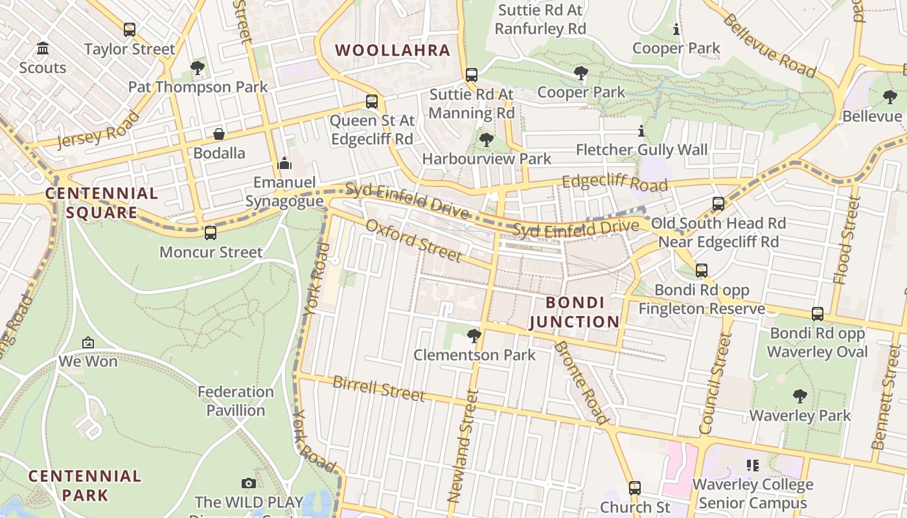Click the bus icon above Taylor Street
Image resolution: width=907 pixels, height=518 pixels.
pyautogui.click(x=130, y=29)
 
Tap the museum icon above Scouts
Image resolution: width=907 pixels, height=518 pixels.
pyautogui.click(x=43, y=49)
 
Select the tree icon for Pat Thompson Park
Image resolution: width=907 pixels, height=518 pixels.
pyautogui.click(x=198, y=67)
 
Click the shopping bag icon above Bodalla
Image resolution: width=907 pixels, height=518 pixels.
pyautogui.click(x=219, y=134)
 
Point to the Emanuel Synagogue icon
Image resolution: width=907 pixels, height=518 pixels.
pyautogui.click(x=284, y=164)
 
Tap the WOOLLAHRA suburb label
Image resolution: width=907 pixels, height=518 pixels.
pyautogui.click(x=392, y=50)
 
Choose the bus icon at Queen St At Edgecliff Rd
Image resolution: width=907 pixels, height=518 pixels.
pyautogui.click(x=371, y=102)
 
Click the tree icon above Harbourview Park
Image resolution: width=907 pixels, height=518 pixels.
pyautogui.click(x=486, y=139)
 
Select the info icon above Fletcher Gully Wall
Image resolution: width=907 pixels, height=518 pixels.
pyautogui.click(x=641, y=131)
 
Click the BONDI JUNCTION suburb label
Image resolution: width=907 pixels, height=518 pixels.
pyautogui.click(x=575, y=312)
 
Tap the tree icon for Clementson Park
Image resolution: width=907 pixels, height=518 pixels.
pyautogui.click(x=474, y=335)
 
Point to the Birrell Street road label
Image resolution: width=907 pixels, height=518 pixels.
pyautogui.click(x=378, y=388)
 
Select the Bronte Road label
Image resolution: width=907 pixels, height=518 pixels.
pyautogui.click(x=581, y=383)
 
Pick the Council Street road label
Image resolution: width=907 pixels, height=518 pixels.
pyautogui.click(x=716, y=383)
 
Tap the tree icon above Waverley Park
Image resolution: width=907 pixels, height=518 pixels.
pyautogui.click(x=800, y=396)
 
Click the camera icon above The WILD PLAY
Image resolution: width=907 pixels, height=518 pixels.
pyautogui.click(x=248, y=483)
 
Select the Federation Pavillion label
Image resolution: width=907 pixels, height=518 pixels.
pyautogui.click(x=236, y=401)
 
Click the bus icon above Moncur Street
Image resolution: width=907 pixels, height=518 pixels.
pyautogui.click(x=210, y=233)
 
